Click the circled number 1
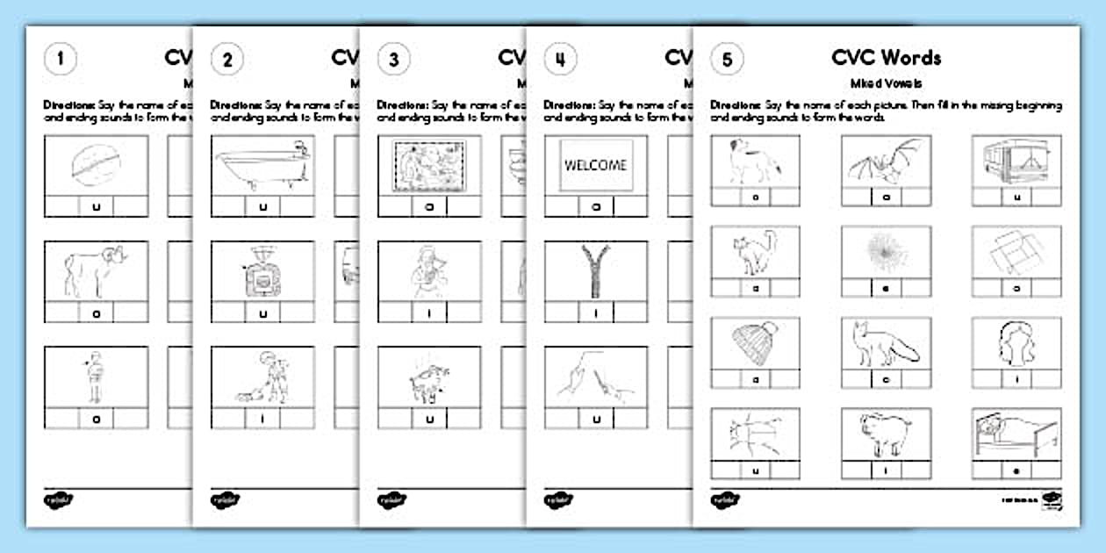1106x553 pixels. pyautogui.click(x=61, y=61)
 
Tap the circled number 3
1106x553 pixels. pyautogui.click(x=394, y=61)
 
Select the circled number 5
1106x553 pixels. pyautogui.click(x=727, y=61)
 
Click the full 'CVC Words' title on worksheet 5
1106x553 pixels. pyautogui.click(x=887, y=58)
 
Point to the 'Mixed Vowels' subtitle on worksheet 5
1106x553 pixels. pyautogui.click(x=887, y=83)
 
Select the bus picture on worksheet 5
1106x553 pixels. pyautogui.click(x=1016, y=159)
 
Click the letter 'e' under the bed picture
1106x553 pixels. pyautogui.click(x=1016, y=471)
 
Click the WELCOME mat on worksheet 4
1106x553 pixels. pyautogui.click(x=596, y=164)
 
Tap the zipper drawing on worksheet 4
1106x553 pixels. pyautogui.click(x=596, y=269)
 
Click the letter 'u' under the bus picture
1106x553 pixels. pyautogui.click(x=1016, y=197)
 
